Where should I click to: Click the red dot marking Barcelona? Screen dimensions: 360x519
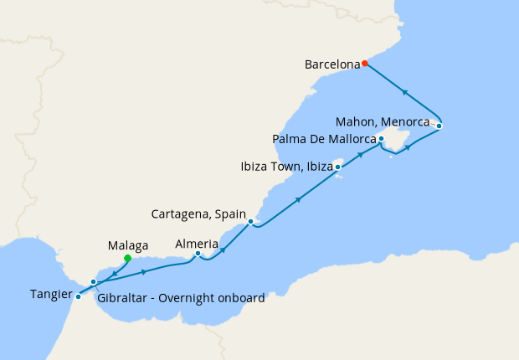pos(365,64)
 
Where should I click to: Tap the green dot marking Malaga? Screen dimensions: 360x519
pos(127,259)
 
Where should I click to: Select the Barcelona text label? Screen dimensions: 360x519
pos(332,64)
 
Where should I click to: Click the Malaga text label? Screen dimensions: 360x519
pos(128,245)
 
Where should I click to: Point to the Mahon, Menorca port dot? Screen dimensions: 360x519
pos(439,126)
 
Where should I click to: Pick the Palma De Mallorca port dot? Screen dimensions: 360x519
pos(381,138)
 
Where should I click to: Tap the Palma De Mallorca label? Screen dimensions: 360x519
pos(324,138)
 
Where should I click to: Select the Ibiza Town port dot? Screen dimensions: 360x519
pos(337,167)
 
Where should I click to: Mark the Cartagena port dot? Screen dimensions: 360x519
pos(250,221)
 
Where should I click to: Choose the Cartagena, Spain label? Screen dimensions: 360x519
pos(198,214)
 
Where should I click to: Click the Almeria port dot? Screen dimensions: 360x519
pos(198,254)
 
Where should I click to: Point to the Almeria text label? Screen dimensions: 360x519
pos(198,244)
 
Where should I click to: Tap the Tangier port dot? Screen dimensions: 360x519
pos(78,296)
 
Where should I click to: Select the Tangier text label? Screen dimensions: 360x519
pos(49,294)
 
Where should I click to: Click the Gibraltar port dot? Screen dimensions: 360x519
pos(94,282)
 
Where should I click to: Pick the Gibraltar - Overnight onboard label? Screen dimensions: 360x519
pos(181,298)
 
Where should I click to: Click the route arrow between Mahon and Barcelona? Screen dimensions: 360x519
pos(405,92)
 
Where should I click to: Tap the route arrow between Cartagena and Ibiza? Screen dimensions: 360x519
pos(299,199)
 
